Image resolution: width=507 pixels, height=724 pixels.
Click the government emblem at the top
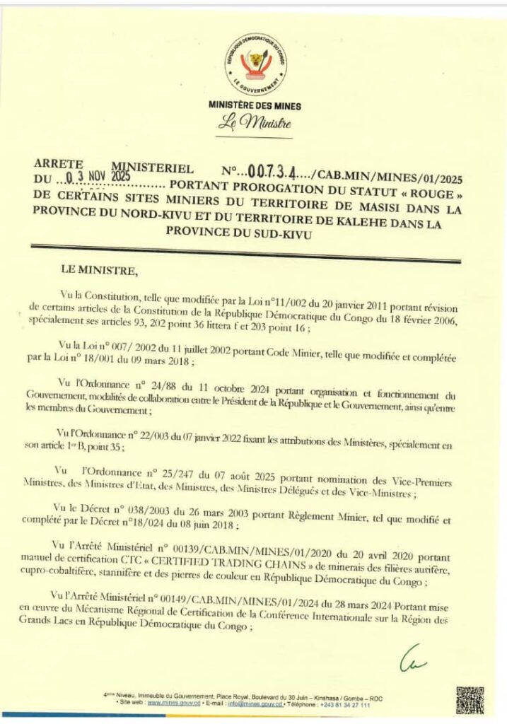[255, 64]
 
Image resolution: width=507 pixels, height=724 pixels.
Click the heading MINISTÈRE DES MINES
[255, 106]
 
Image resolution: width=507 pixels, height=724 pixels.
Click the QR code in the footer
[470, 700]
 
